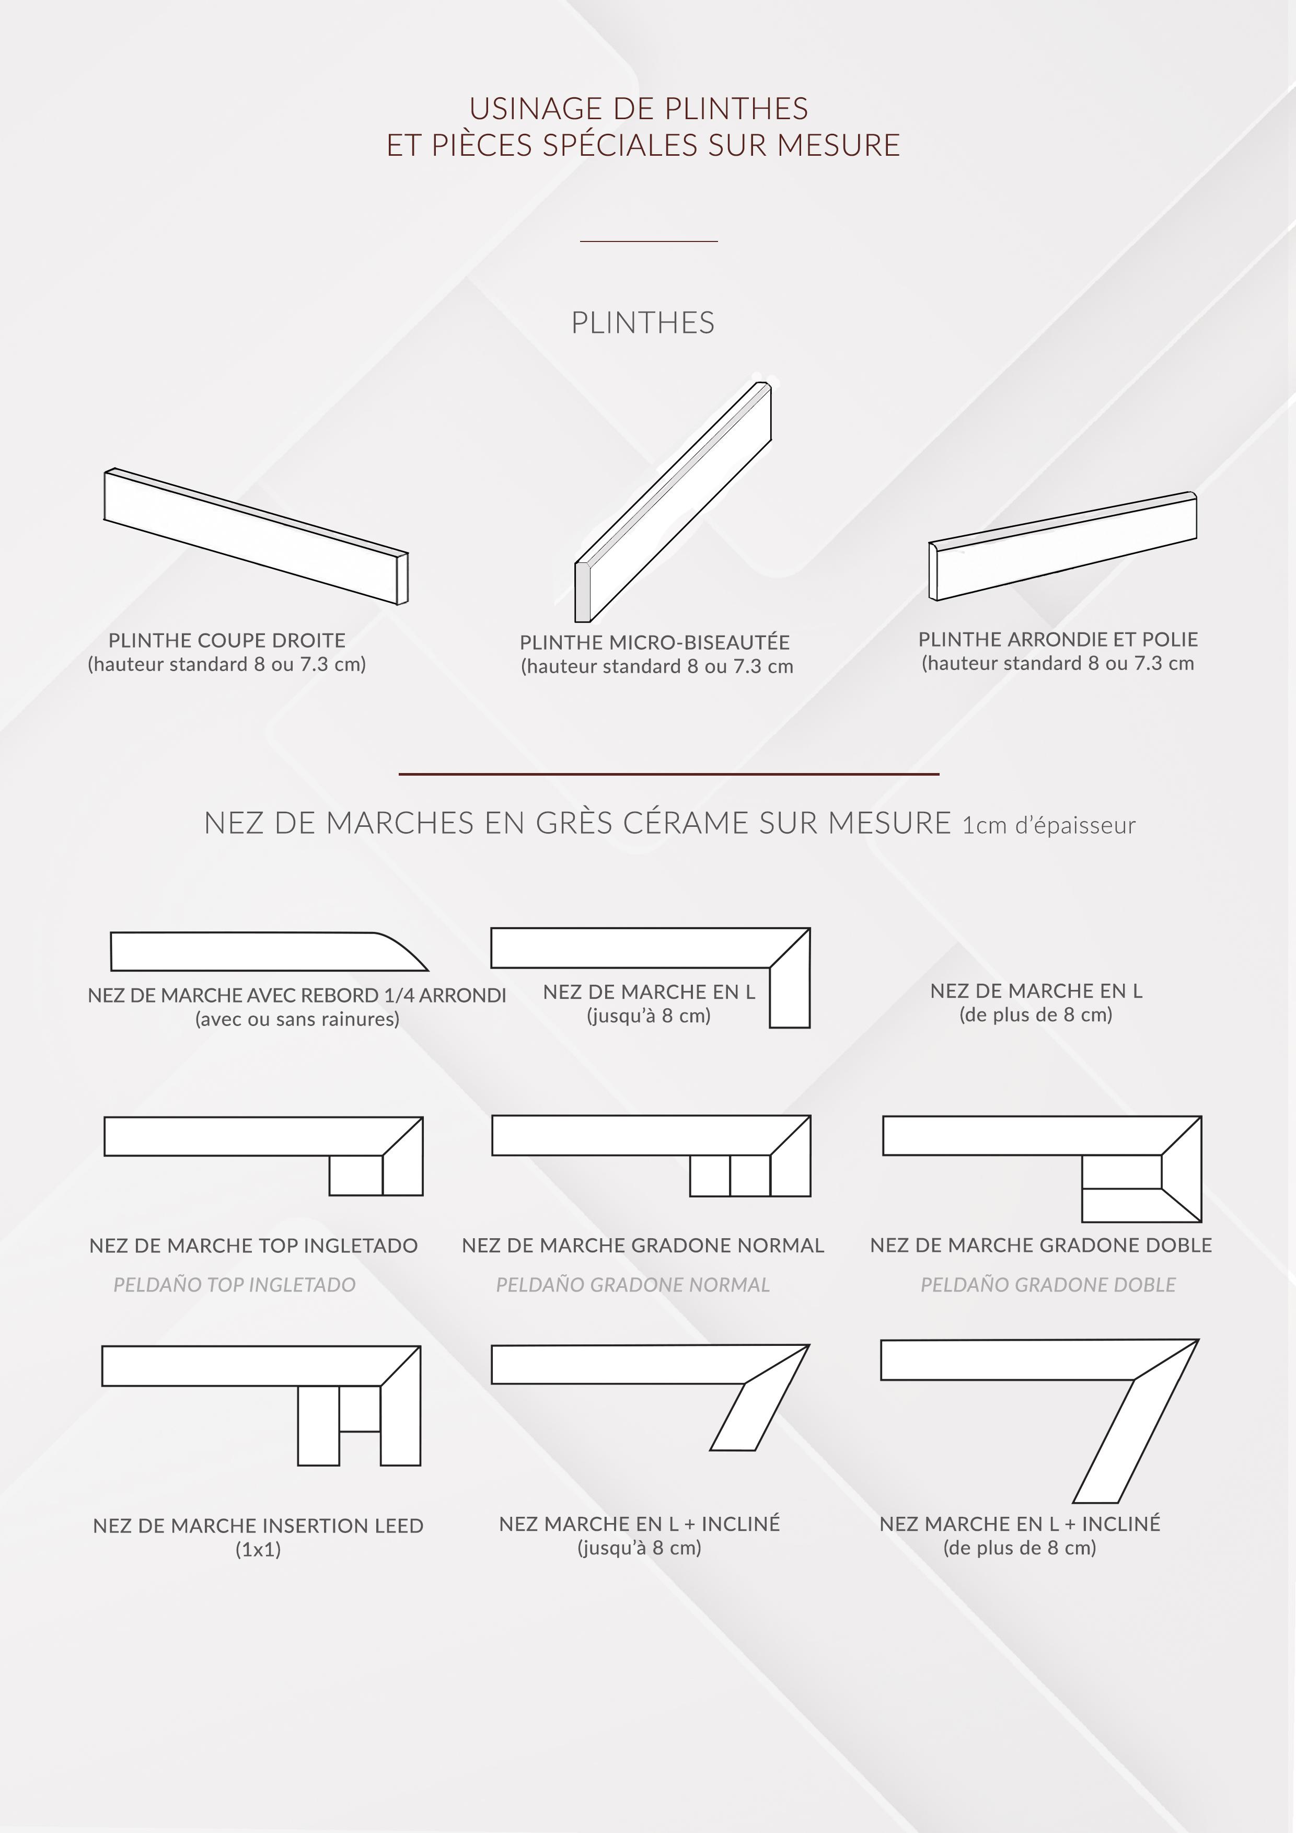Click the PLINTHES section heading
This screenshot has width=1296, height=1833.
642,322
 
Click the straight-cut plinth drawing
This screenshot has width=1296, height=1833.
256,536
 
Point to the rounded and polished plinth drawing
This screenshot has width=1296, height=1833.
1062,546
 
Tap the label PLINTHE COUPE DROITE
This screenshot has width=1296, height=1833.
227,640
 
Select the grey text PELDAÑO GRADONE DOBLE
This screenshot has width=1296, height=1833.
1048,1285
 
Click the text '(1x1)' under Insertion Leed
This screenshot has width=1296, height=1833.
258,1550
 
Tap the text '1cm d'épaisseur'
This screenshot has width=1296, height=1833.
1049,825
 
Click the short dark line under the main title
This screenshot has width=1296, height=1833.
649,240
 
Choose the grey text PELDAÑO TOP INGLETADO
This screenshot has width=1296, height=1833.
235,1285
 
